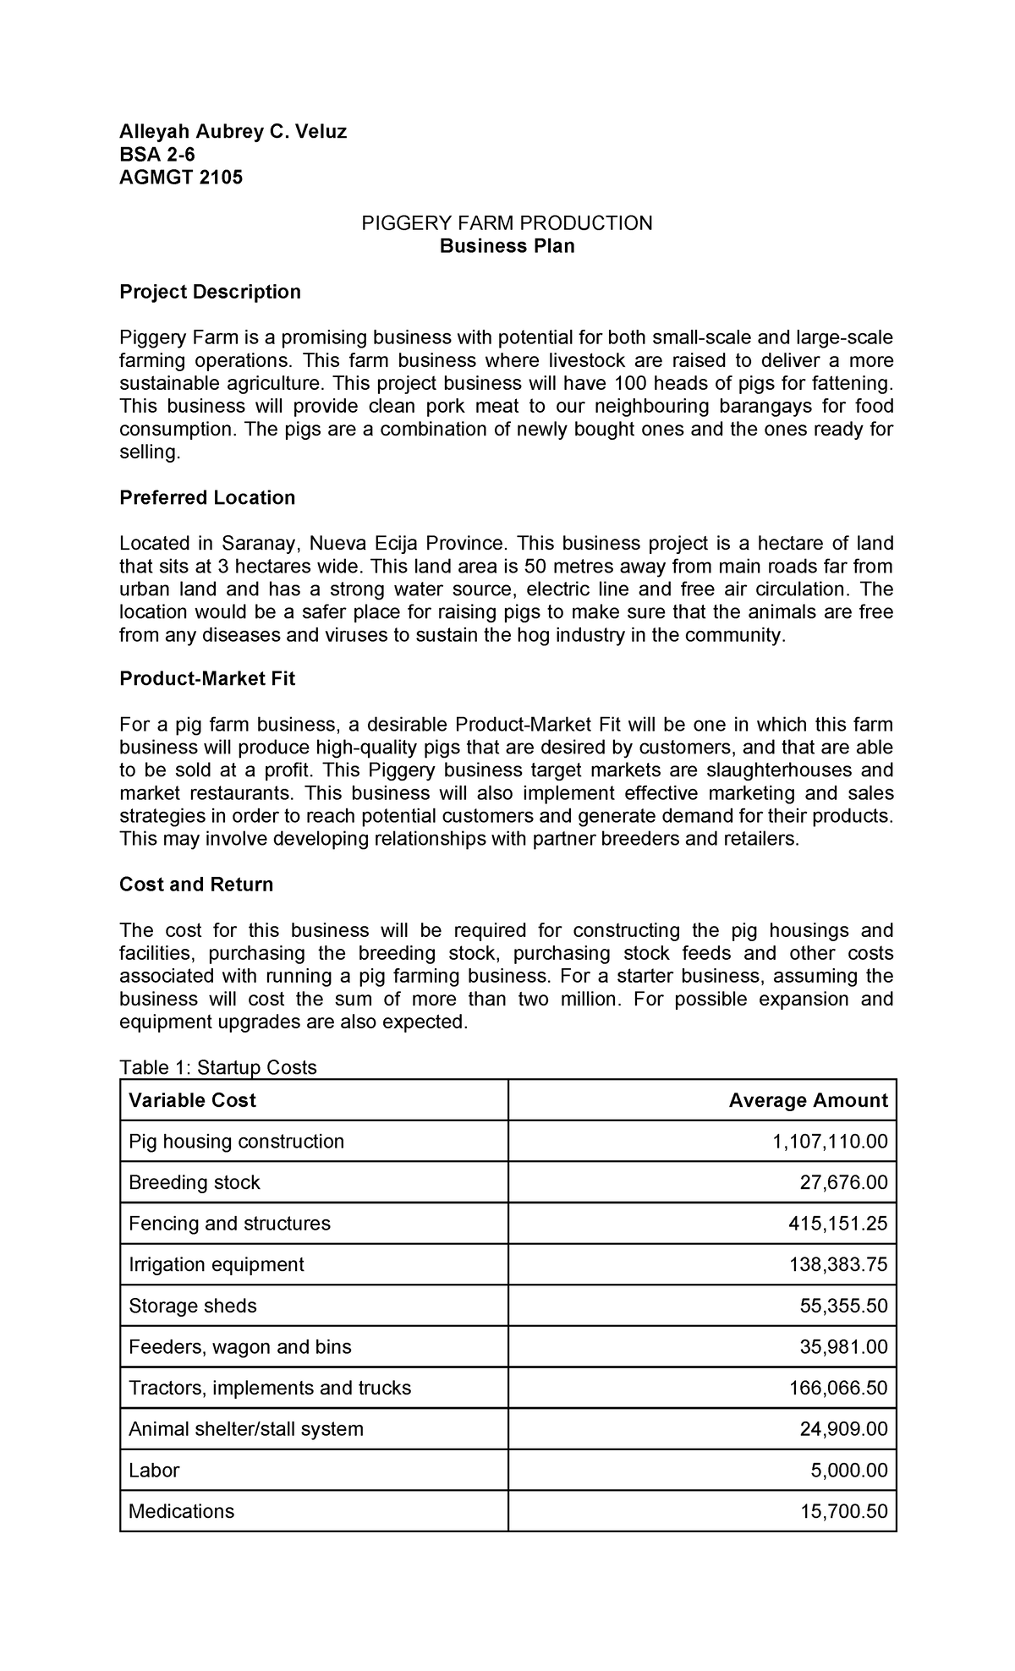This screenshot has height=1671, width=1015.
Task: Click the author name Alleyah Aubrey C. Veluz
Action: coord(233,131)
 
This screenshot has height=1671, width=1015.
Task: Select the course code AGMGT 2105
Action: coord(180,178)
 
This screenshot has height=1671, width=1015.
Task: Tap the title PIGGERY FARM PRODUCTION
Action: coord(507,223)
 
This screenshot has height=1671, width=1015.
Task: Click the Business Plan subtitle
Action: coord(507,246)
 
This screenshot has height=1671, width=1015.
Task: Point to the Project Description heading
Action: coord(210,292)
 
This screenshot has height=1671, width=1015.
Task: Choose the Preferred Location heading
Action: coord(207,497)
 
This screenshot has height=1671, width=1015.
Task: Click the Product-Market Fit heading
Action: coord(207,679)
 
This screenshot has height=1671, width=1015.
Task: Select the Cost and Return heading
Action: coord(196,885)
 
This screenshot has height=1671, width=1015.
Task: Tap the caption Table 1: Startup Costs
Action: coord(218,1067)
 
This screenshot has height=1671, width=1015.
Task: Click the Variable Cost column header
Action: coord(192,1100)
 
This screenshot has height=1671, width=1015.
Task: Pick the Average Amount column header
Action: coord(808,1100)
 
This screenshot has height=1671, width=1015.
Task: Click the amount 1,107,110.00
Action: coord(830,1142)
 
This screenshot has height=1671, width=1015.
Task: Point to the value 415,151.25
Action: coord(837,1224)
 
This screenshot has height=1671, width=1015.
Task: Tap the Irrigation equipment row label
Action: coord(216,1264)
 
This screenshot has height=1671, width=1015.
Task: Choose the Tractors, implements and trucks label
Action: coord(270,1388)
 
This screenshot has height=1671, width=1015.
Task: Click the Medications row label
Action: coord(181,1511)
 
